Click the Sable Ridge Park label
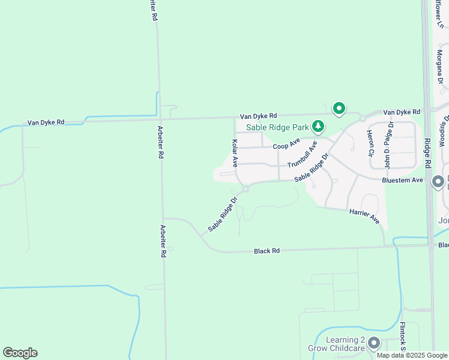(x=277, y=127)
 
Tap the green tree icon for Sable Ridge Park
(x=318, y=127)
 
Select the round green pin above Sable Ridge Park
(x=339, y=109)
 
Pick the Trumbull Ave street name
(x=302, y=155)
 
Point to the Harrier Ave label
(x=364, y=216)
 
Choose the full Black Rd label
(x=267, y=251)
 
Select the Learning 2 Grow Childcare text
(x=345, y=344)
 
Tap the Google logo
(x=20, y=353)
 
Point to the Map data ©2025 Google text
(x=412, y=355)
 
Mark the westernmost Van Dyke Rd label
(x=46, y=122)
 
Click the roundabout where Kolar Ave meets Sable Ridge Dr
(x=246, y=190)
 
